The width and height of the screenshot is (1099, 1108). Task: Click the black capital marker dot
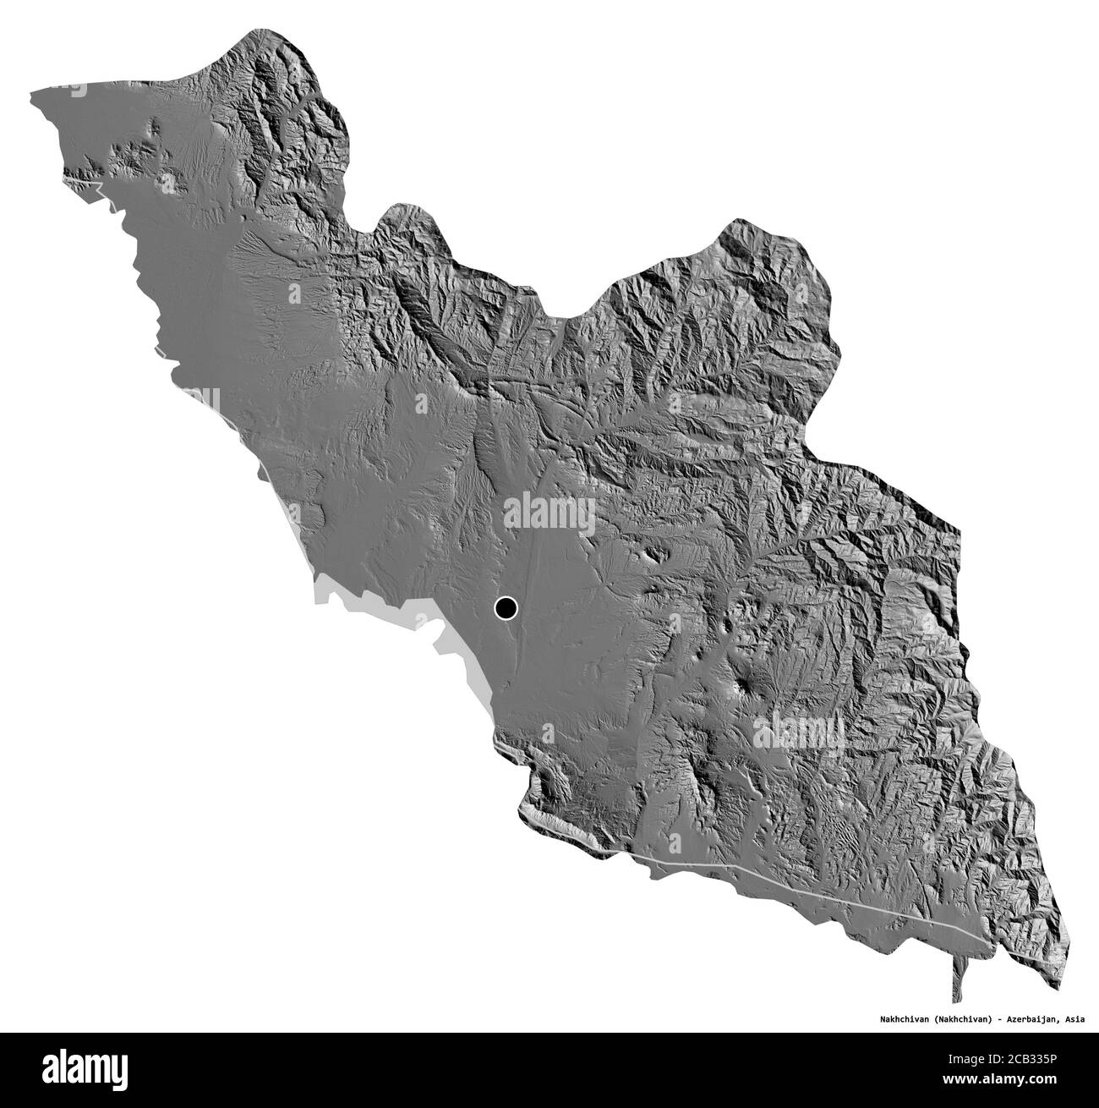pyautogui.click(x=506, y=607)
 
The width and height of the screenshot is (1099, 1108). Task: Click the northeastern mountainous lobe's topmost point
pyautogui.click(x=744, y=221)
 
